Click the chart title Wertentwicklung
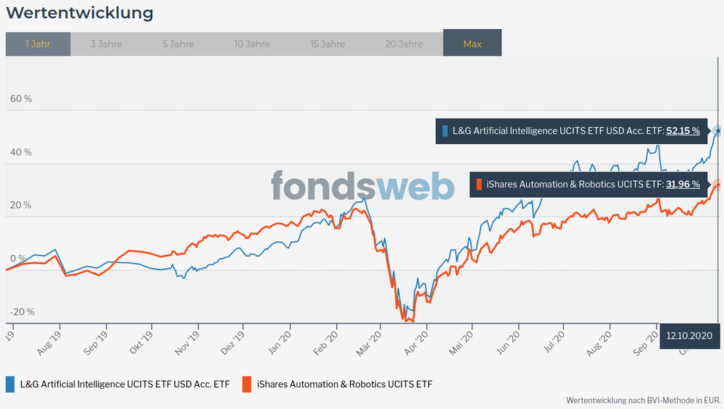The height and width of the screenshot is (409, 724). tap(80, 13)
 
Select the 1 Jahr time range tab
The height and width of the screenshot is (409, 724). tap(38, 44)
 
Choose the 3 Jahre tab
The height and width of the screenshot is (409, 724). tap(106, 44)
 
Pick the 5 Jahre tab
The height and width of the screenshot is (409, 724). tap(178, 44)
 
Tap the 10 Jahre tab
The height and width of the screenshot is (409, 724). tap(252, 44)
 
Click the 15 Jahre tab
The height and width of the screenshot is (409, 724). tap(327, 44)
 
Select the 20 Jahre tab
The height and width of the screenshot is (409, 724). tap(404, 44)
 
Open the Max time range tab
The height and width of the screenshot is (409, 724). tap(472, 44)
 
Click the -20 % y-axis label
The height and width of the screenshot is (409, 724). tap(22, 312)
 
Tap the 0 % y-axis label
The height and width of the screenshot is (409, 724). tap(17, 258)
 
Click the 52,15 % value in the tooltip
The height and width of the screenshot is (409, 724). tap(683, 131)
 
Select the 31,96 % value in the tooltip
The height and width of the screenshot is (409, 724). tap(683, 185)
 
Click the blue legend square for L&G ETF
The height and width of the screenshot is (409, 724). tap(10, 384)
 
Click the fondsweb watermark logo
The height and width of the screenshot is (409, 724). tap(362, 186)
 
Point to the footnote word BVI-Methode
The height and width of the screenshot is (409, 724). tap(656, 400)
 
